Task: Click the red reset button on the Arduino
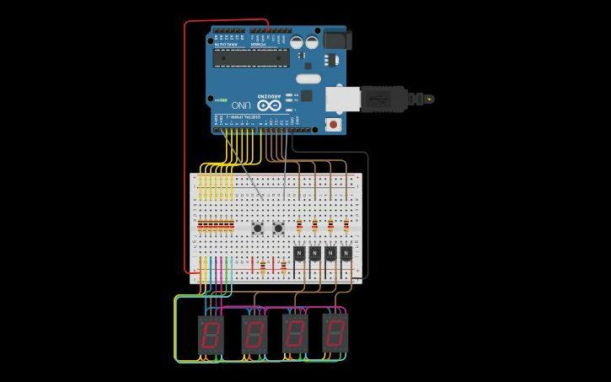(x=335, y=126)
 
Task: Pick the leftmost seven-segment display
(x=210, y=335)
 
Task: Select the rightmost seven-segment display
(x=335, y=335)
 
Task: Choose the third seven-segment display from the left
(x=296, y=335)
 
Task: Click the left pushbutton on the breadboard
(x=257, y=228)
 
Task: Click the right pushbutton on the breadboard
(x=277, y=228)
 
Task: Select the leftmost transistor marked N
(x=299, y=252)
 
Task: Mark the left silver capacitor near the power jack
(x=298, y=40)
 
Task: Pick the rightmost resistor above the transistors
(x=346, y=226)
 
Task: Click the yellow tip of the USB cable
(x=430, y=99)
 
